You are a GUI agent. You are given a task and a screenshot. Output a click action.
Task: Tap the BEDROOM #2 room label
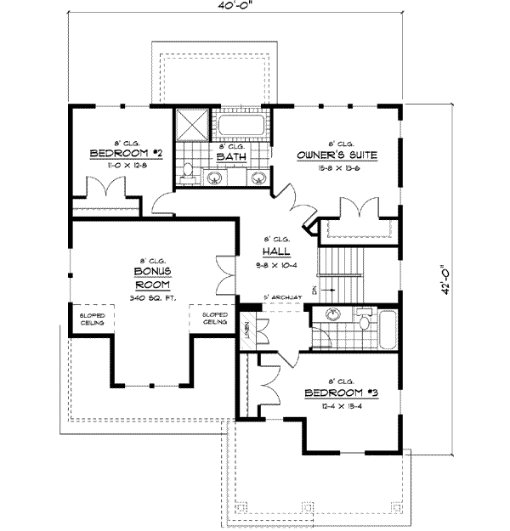[126, 154]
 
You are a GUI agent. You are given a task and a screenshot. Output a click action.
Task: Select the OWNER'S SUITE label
[337, 155]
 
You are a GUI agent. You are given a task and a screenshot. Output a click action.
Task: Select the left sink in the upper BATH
[217, 178]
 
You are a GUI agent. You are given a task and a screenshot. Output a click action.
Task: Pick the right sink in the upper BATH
[258, 178]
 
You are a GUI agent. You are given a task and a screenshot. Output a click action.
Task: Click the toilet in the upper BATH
[189, 174]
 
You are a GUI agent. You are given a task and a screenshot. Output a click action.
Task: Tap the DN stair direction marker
[314, 291]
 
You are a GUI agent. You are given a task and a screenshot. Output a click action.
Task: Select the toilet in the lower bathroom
[364, 320]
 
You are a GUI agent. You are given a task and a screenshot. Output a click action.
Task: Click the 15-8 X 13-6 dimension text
[337, 169]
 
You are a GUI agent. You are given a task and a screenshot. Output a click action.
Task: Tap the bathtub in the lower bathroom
[387, 330]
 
